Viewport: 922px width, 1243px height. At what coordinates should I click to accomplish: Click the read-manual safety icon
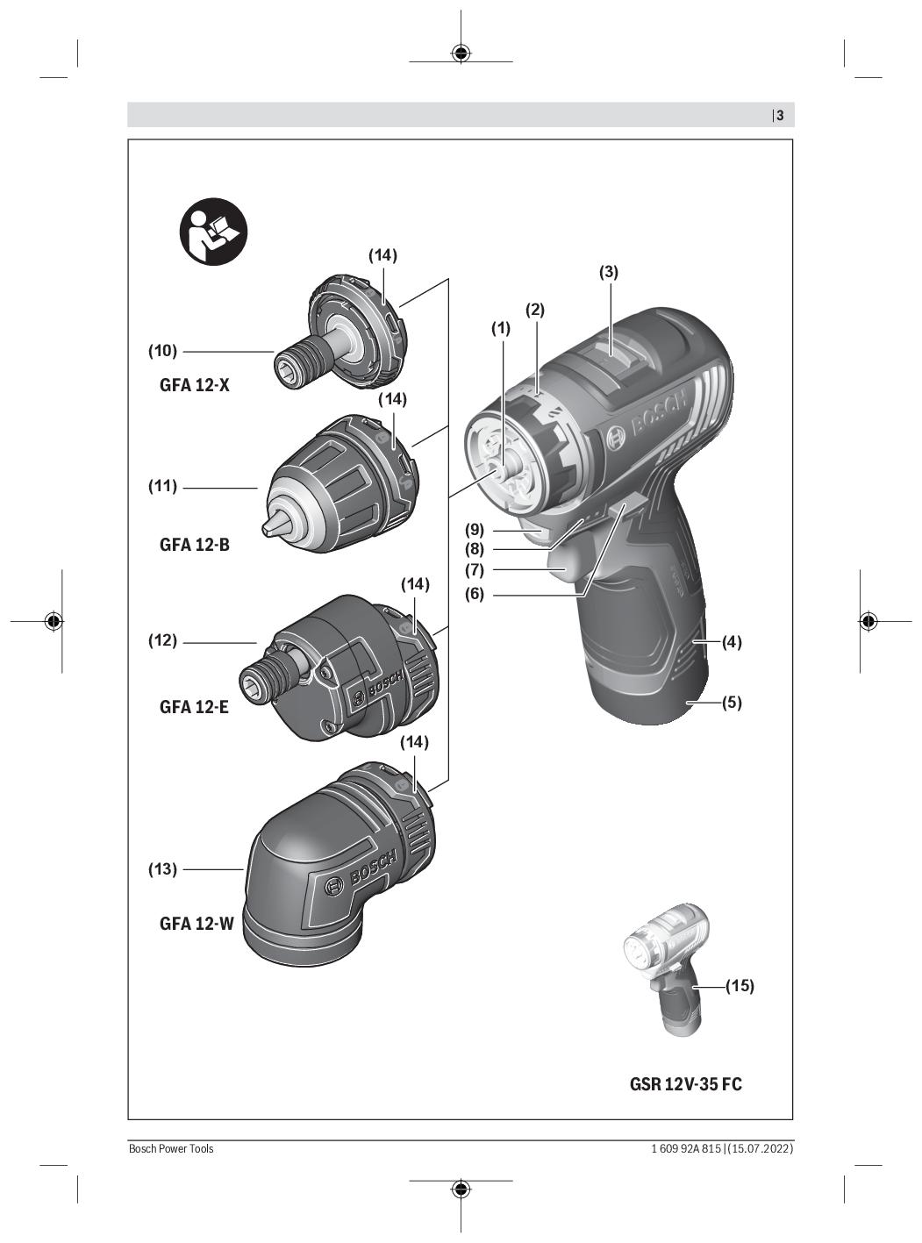coord(213,232)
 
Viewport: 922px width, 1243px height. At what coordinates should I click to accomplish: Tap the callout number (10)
coord(162,351)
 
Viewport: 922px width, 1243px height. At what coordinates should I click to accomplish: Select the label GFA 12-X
coord(195,385)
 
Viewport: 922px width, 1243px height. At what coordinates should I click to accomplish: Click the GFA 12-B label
coord(195,544)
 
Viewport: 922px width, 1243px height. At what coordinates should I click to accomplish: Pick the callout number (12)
coord(162,640)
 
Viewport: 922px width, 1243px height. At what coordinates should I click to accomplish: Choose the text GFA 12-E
coord(194,707)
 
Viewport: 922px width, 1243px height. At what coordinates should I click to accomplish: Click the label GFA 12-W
coord(197,923)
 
